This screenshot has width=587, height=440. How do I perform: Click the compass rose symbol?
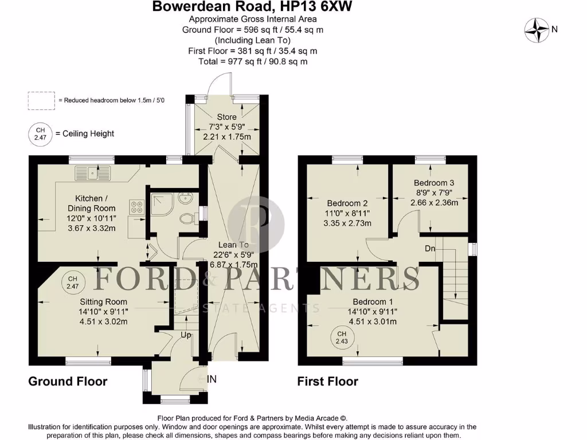(538, 30)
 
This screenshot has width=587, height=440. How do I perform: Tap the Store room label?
(226, 117)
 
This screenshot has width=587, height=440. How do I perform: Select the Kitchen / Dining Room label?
(92, 203)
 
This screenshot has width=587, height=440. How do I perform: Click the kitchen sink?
(92, 171)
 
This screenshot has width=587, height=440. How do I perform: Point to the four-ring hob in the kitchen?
(138, 207)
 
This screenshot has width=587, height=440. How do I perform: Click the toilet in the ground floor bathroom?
(185, 218)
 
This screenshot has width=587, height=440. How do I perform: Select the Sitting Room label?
(103, 301)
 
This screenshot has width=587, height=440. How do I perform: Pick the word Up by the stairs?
(186, 334)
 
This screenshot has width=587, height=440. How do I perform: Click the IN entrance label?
(212, 379)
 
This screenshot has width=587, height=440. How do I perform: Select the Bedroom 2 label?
(347, 203)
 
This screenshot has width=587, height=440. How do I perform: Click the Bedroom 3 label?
(434, 183)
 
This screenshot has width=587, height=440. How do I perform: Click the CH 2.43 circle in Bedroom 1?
(342, 337)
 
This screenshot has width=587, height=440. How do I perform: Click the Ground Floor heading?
(68, 381)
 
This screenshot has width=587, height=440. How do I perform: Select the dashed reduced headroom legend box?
(41, 100)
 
